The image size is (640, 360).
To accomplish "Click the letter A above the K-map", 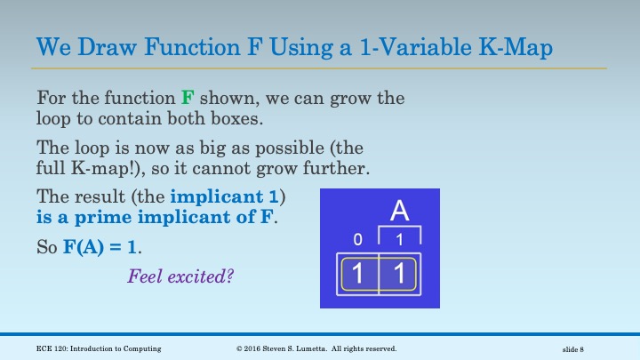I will [400, 212].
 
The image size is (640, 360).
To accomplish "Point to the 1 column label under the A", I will [400, 239].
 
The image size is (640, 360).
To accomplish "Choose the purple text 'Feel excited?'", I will [180, 276].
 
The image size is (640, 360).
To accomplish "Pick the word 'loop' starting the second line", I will [54, 116].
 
